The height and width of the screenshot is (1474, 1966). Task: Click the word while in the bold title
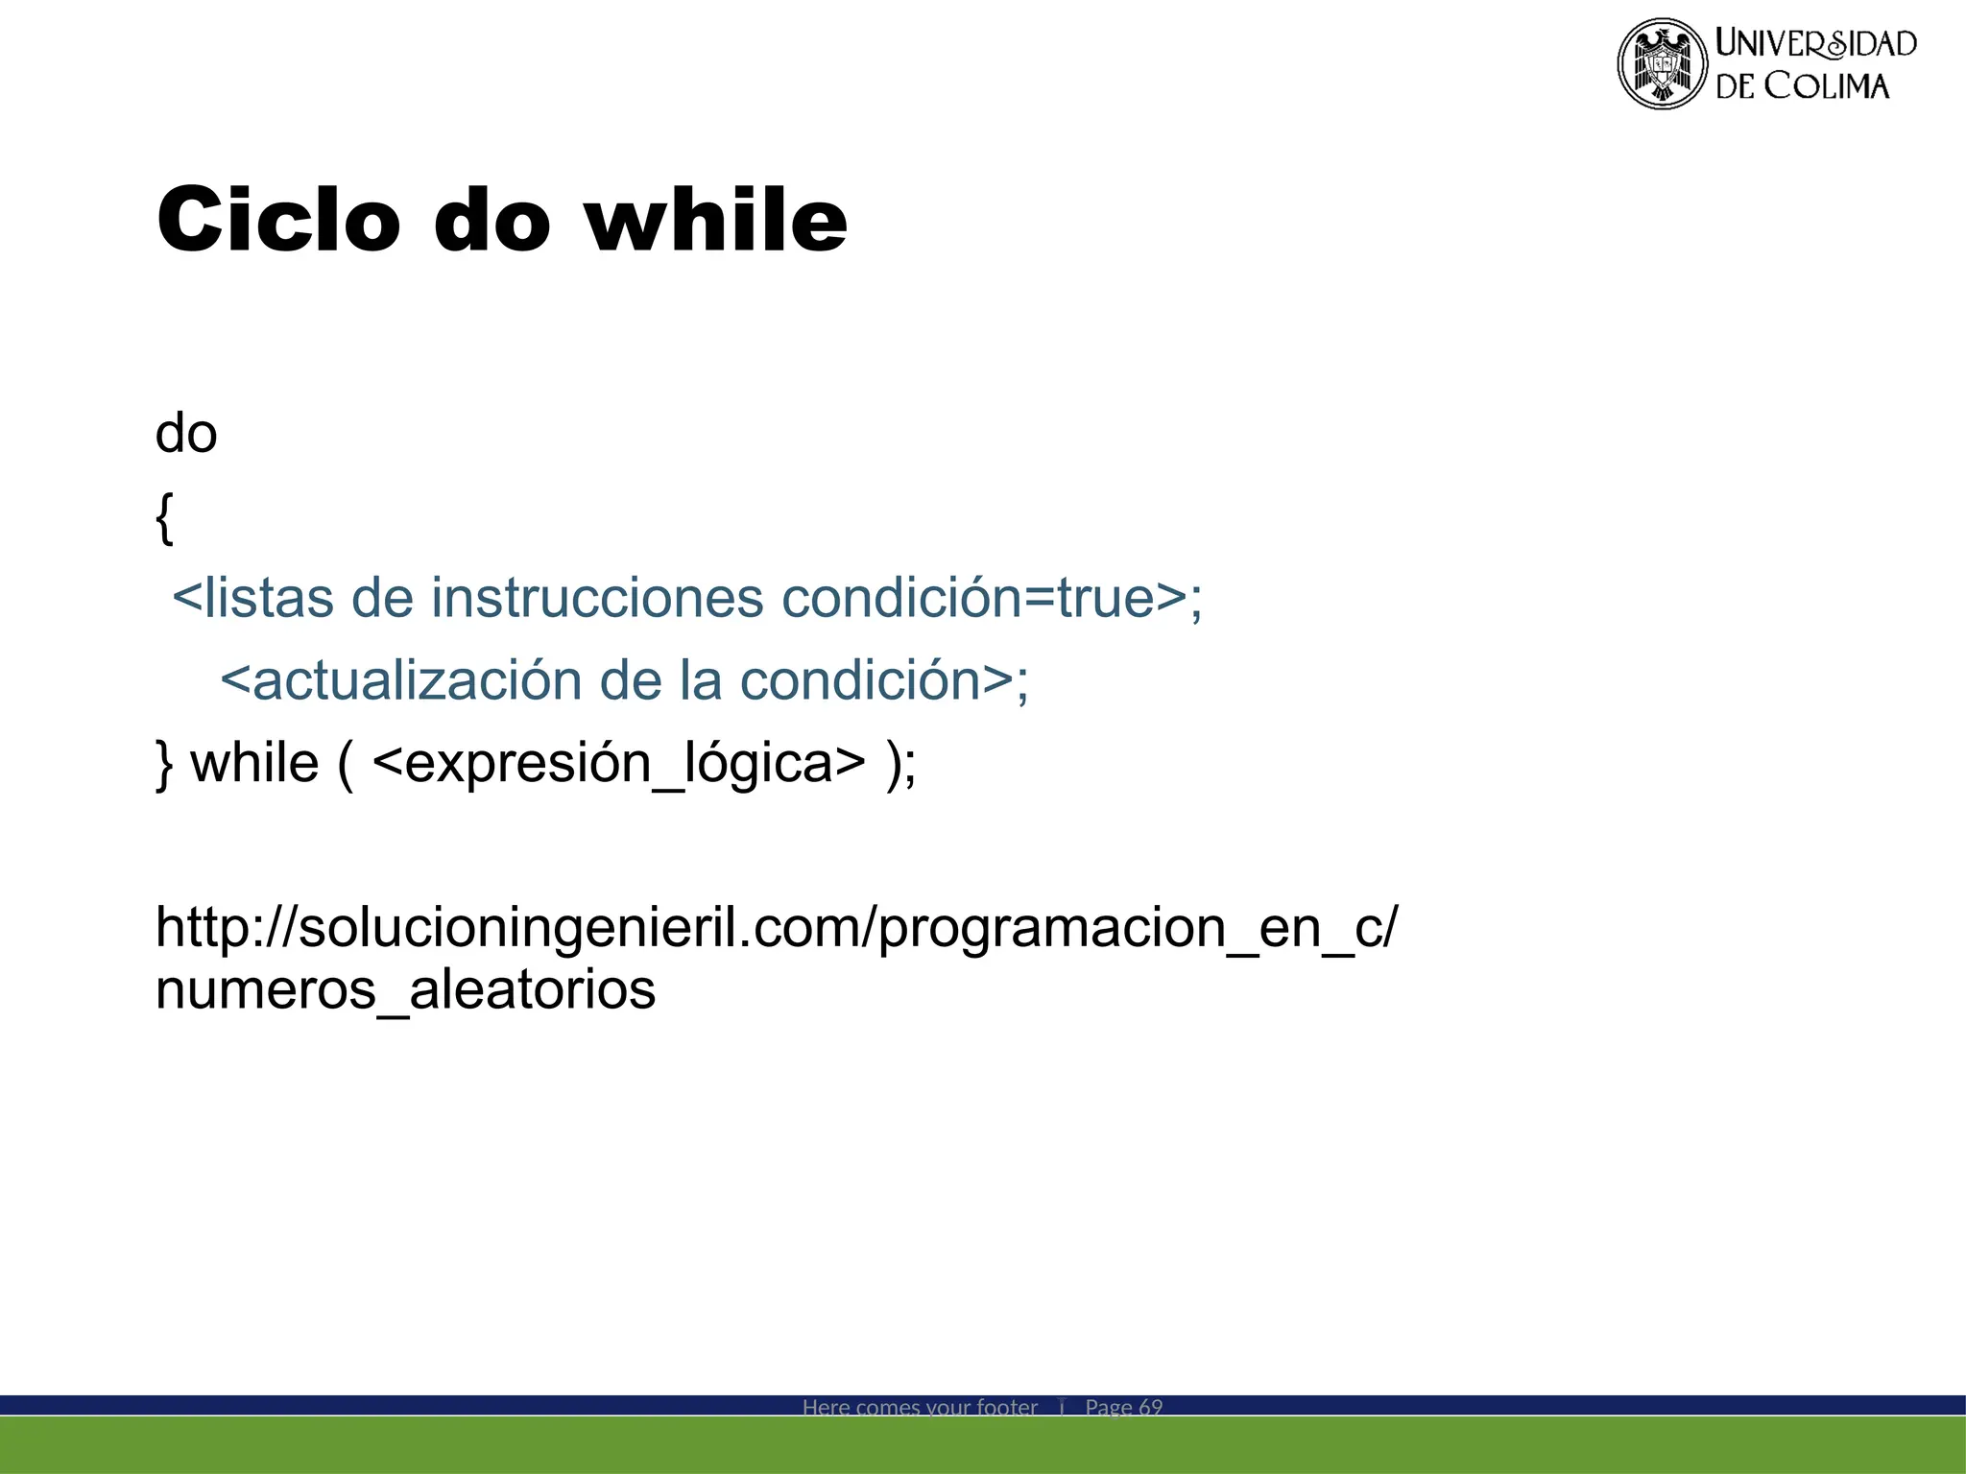click(x=716, y=220)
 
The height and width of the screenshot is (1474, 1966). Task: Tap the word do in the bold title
click(x=492, y=220)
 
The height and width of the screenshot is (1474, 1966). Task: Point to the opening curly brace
click(x=164, y=518)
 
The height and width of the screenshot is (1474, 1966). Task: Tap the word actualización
click(x=417, y=680)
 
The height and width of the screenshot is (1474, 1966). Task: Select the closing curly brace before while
click(x=164, y=765)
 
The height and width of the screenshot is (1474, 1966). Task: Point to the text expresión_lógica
click(x=618, y=765)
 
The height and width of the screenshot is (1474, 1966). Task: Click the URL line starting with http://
click(x=777, y=928)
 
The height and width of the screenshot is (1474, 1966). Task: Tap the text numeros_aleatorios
click(x=405, y=989)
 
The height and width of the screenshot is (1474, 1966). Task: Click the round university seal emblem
click(x=1662, y=63)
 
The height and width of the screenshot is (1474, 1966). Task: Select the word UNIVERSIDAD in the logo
click(x=1815, y=43)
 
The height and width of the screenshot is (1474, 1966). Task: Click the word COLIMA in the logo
click(x=1827, y=86)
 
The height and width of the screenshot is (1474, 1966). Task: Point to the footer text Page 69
click(x=1123, y=1407)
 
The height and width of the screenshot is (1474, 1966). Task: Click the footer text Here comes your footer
click(x=920, y=1407)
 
